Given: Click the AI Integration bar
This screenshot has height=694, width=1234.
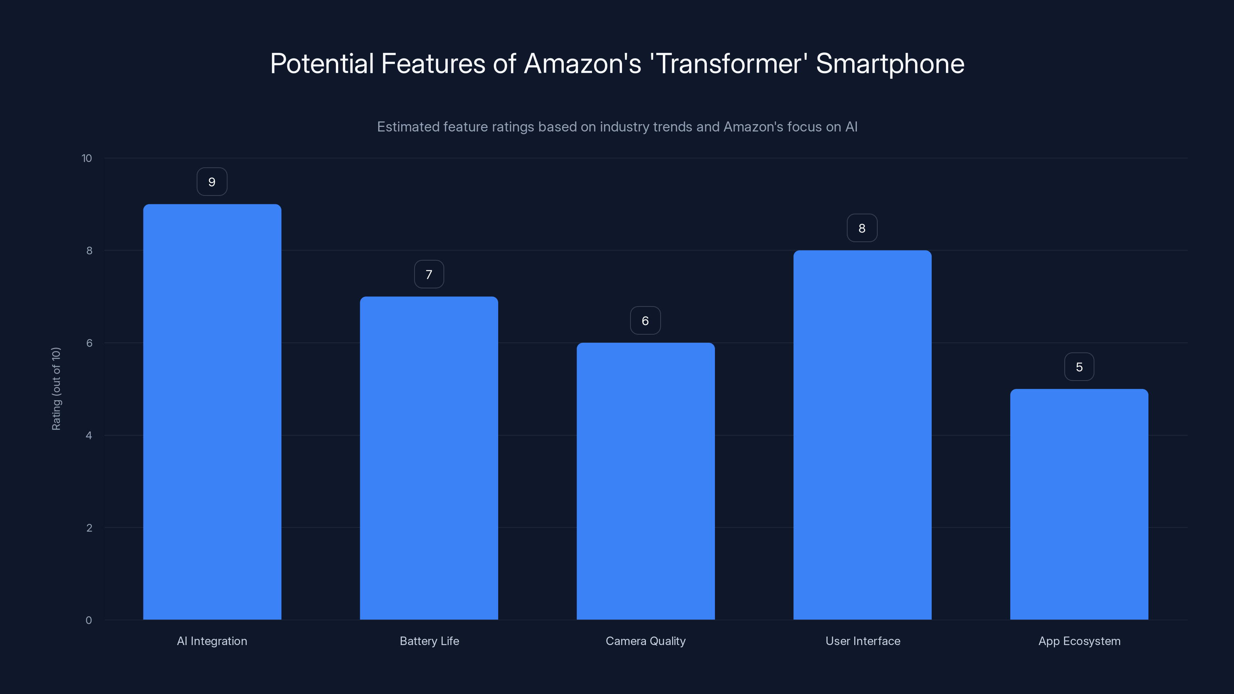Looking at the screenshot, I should [x=212, y=412].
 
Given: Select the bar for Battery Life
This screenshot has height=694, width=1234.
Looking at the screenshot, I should [x=429, y=458].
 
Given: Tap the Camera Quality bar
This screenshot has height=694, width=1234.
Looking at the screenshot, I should [x=645, y=481].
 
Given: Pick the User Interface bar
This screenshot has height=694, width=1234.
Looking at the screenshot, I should [x=862, y=435].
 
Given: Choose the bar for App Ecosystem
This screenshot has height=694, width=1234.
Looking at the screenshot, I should [x=1079, y=504].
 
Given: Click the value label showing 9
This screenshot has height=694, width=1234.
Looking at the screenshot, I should [x=212, y=182].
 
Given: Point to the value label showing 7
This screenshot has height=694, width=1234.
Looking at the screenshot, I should [x=429, y=275].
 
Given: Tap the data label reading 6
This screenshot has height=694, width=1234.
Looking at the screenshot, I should [x=645, y=321].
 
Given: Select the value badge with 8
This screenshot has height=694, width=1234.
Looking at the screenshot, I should [x=862, y=229].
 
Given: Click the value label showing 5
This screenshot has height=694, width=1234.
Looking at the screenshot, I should [x=1079, y=367].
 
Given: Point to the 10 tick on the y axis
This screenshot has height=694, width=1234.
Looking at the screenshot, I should [x=87, y=158].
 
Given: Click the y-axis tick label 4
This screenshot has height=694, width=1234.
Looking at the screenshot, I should [x=89, y=435].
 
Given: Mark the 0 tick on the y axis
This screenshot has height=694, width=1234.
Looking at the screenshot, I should [x=89, y=620].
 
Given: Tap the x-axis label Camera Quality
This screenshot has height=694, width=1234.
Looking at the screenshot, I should [x=645, y=641].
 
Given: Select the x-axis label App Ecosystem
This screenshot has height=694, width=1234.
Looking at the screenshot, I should [x=1079, y=641].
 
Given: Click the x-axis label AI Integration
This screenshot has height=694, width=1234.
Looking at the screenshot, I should [x=212, y=641].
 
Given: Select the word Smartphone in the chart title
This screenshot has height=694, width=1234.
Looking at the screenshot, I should [x=890, y=64].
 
